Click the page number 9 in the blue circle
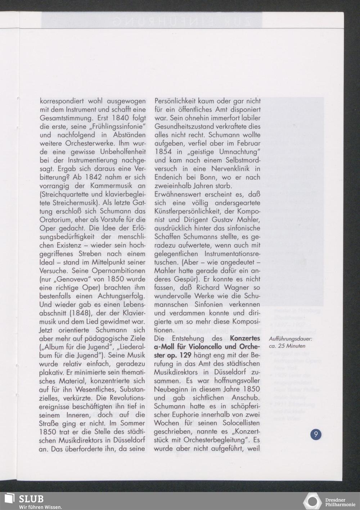(316, 434)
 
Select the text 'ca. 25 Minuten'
(287, 346)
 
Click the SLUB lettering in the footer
(31, 499)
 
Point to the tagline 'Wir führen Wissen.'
(40, 507)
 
